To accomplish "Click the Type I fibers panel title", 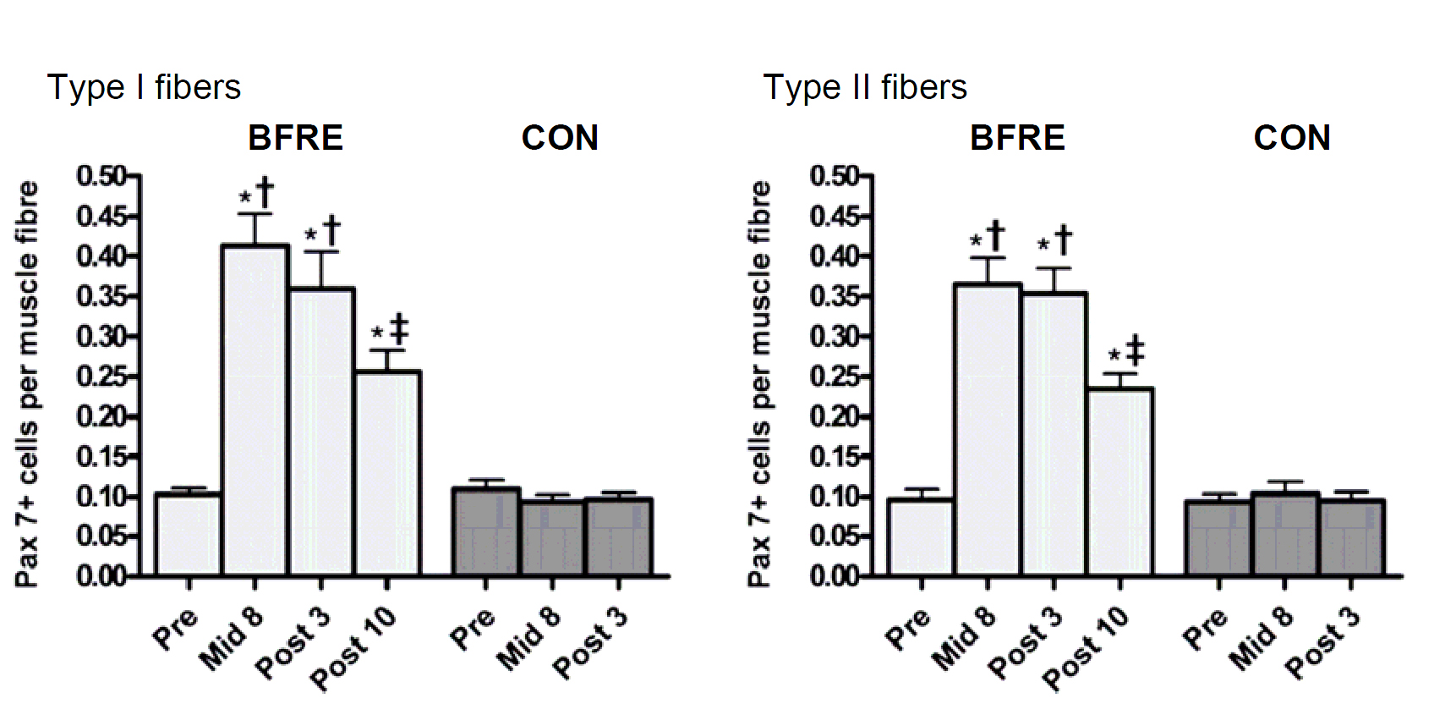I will [144, 87].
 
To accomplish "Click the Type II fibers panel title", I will [864, 87].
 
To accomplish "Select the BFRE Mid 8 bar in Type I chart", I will [255, 410].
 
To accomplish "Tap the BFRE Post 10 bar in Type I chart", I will [387, 473].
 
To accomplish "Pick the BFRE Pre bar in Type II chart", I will [921, 537].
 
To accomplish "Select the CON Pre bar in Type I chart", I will [485, 532].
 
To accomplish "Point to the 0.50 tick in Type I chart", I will [101, 176].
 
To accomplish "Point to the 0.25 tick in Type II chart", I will [835, 377].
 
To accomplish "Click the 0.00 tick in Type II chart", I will [835, 576].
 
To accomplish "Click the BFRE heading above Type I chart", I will [295, 138].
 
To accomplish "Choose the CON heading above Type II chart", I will [1291, 138].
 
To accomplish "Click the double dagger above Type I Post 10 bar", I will [399, 328].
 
